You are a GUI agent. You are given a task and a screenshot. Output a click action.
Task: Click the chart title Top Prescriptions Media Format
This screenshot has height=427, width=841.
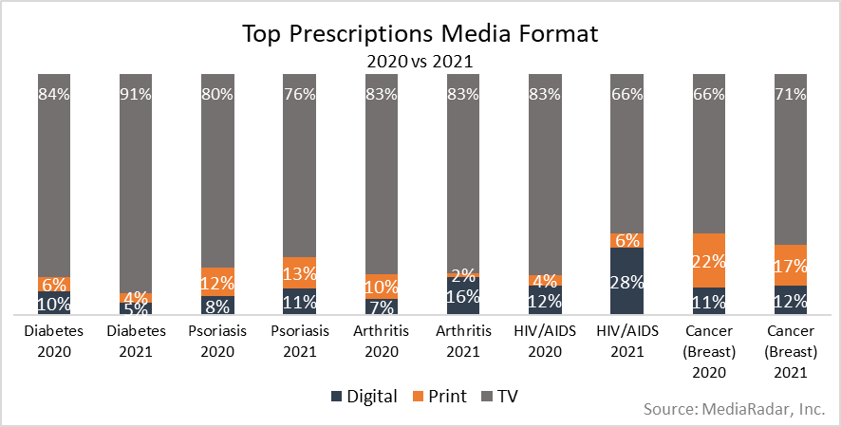pos(420,35)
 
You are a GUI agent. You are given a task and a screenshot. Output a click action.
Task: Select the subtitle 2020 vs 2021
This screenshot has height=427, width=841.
pos(420,62)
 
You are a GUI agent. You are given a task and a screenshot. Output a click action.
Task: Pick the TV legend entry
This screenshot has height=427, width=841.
pos(502,396)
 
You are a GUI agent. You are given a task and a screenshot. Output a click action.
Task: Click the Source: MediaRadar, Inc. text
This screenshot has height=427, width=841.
pos(734,409)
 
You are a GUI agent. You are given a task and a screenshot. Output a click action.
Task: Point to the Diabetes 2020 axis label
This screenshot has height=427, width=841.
pos(53,340)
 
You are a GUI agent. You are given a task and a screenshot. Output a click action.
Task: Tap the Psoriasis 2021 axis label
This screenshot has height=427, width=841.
pos(299,340)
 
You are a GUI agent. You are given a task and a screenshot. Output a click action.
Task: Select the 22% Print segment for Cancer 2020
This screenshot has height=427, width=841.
pos(707,261)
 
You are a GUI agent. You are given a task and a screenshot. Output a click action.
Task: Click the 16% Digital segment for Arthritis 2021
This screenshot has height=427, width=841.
pos(462,295)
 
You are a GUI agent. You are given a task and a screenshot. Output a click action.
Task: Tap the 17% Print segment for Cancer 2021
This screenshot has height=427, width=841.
pos(790,266)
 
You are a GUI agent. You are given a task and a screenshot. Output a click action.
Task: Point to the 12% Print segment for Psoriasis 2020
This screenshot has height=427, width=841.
pos(216,282)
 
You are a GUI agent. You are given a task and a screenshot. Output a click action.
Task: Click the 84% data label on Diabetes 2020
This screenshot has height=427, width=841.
pos(53,94)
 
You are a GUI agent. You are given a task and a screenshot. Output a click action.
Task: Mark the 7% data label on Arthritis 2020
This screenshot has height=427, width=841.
pos(381,306)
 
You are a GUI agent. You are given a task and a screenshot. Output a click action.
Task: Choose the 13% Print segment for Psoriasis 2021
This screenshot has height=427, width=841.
pos(299,273)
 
